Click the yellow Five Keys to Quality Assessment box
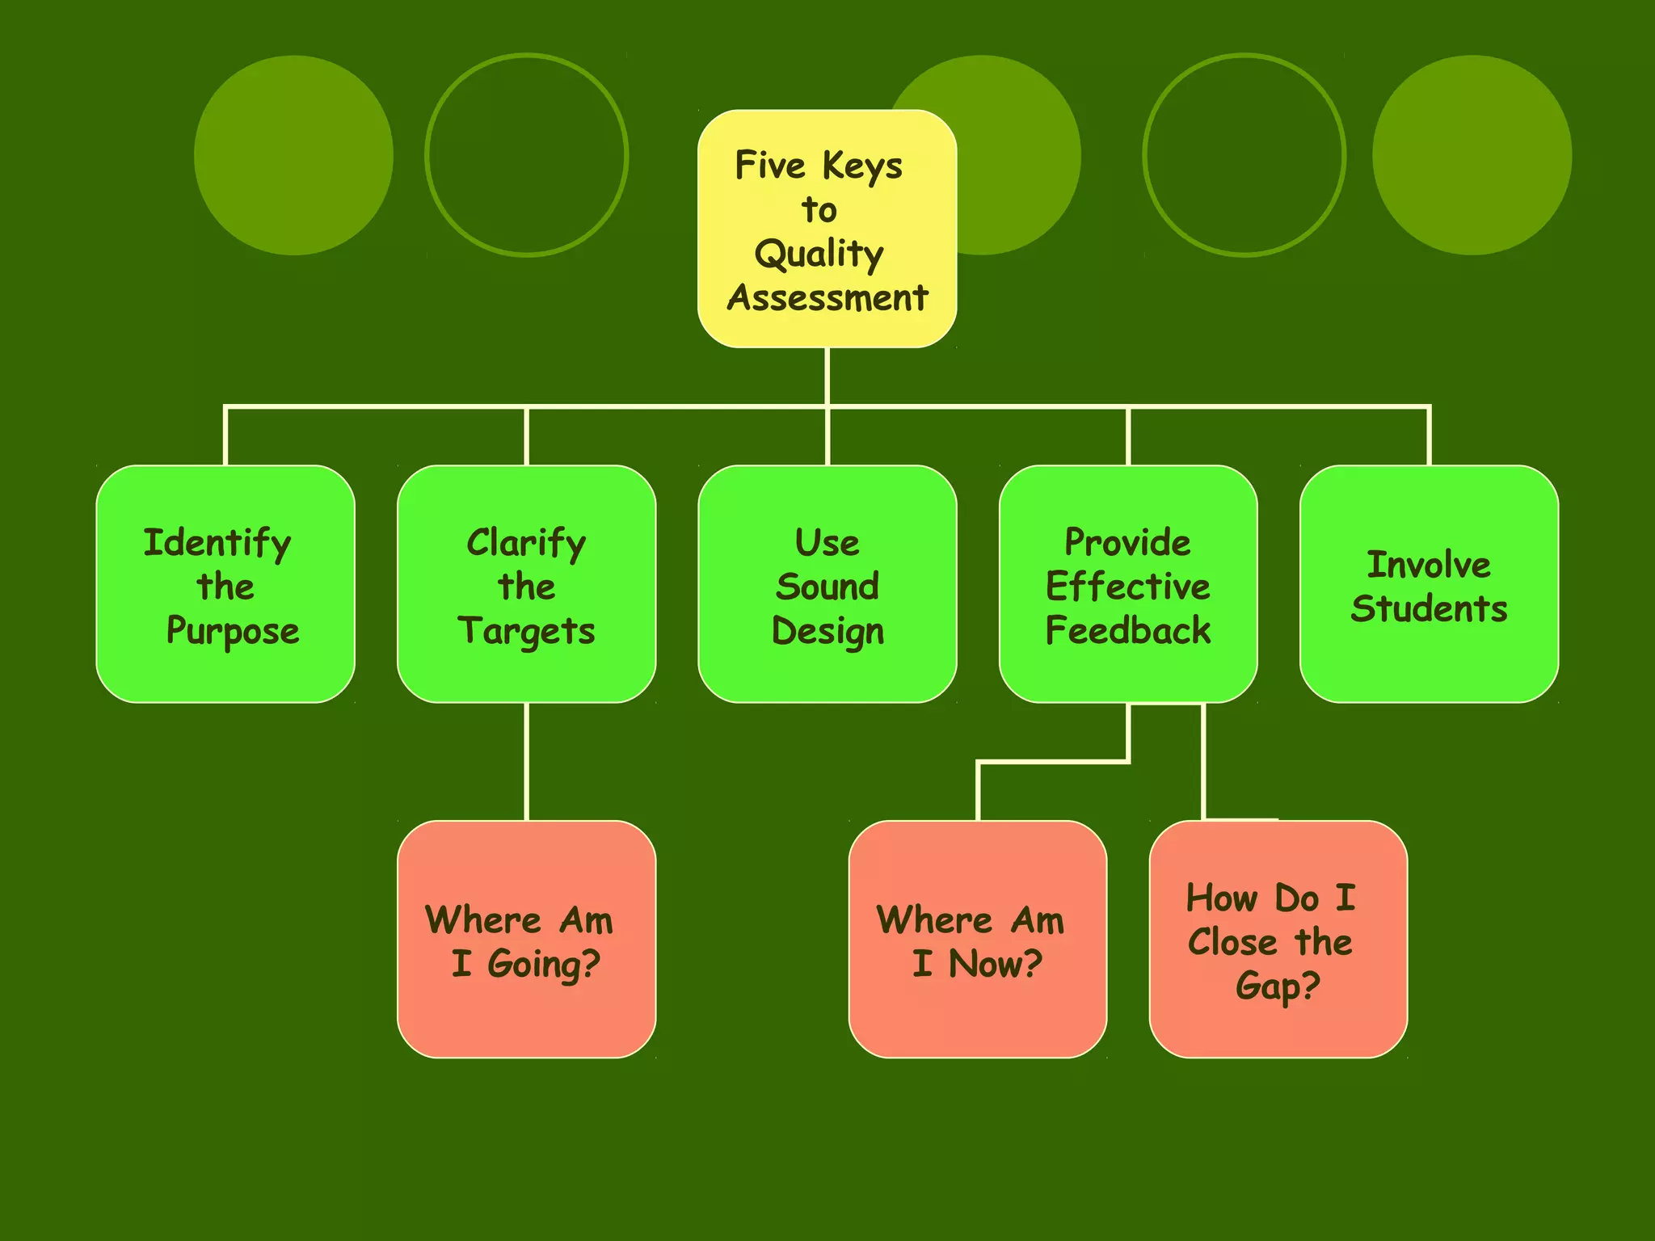tap(827, 229)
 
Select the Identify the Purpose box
tap(225, 583)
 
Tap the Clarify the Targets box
tap(526, 583)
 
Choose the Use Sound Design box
tap(827, 583)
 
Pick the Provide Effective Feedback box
tap(1128, 583)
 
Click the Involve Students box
tap(1429, 583)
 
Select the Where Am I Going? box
tap(526, 939)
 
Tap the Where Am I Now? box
tap(977, 939)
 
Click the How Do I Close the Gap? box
tap(1278, 939)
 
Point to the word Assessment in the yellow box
tap(827, 298)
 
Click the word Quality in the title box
tap(819, 255)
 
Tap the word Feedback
tap(1128, 631)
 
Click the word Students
tap(1429, 609)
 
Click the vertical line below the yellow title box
tap(827, 376)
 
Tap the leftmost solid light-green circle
tap(293, 155)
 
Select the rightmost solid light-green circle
tap(1472, 155)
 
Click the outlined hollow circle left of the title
tap(526, 155)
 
